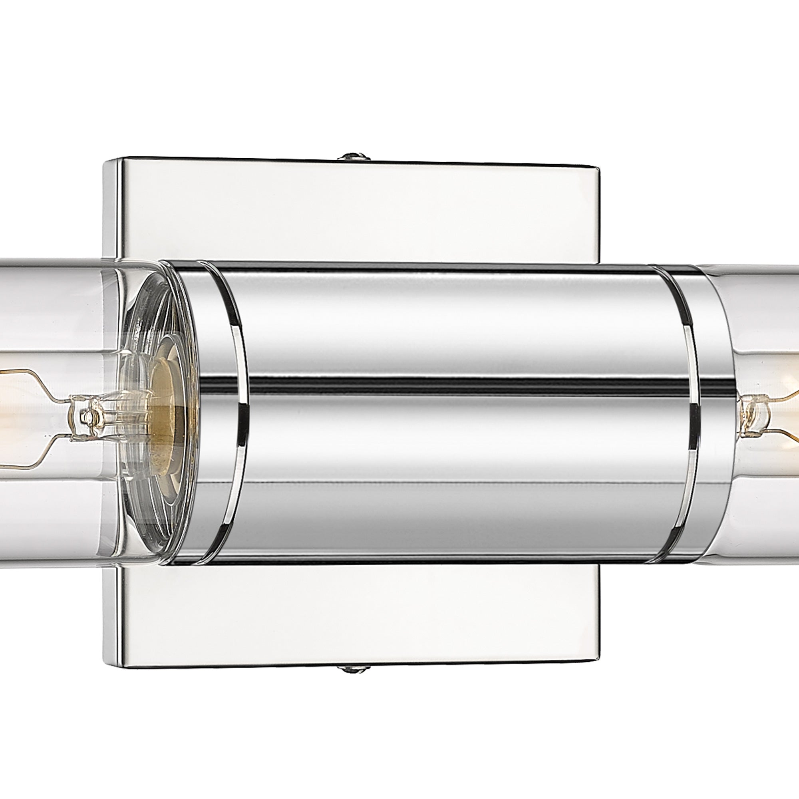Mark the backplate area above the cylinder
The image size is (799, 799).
click(x=352, y=211)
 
